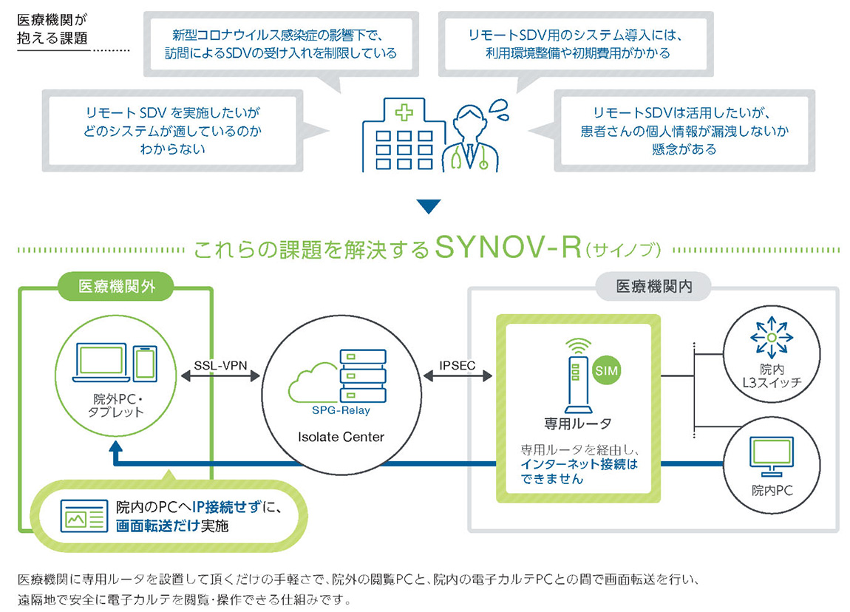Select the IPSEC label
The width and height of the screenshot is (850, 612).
(x=456, y=365)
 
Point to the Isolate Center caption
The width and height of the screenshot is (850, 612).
(x=341, y=437)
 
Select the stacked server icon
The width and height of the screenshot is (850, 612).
(x=361, y=374)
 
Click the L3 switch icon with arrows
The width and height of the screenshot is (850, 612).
(x=771, y=338)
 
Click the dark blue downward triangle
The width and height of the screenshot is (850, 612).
(x=428, y=206)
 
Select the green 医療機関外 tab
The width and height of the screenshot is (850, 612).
(x=117, y=287)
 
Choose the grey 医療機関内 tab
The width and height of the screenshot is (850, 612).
(x=653, y=287)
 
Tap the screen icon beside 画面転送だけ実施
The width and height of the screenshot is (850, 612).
(x=84, y=514)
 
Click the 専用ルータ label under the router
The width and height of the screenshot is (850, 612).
(x=577, y=424)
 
